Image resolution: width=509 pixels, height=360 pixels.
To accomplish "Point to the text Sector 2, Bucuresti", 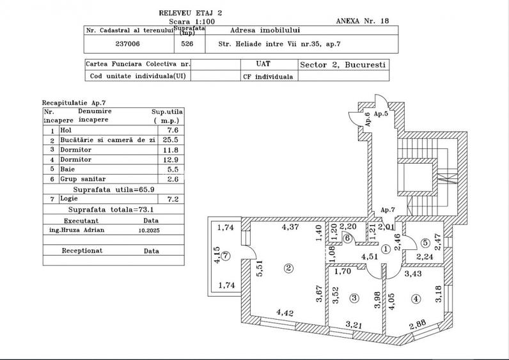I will (342, 65).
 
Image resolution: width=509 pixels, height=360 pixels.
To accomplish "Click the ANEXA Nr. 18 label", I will (362, 20).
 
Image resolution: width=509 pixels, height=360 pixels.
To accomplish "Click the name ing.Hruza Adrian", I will (76, 229).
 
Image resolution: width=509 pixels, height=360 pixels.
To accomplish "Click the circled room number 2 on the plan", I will (289, 267).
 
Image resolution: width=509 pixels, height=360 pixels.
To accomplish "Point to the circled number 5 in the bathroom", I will (425, 242).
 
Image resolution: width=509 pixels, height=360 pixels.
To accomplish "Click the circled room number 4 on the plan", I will (416, 298).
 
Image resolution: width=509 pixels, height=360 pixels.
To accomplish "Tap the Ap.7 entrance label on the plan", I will (388, 210).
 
